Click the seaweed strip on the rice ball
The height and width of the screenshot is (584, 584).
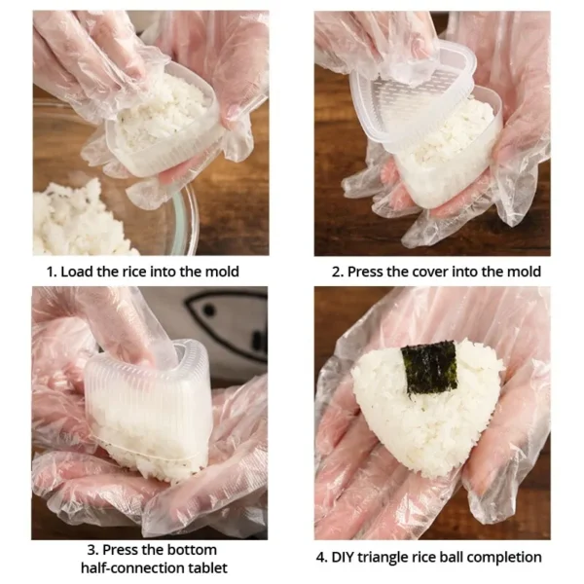(429, 367)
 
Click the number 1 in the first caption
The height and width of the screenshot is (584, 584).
(50, 272)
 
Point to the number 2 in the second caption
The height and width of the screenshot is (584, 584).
(336, 272)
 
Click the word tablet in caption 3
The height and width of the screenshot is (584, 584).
(205, 570)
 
